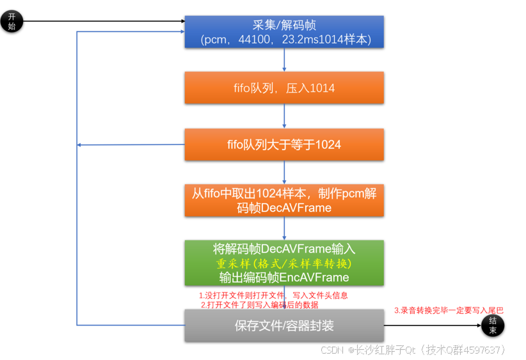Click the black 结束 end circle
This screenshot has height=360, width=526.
point(493,325)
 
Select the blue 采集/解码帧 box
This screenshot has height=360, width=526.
point(284,32)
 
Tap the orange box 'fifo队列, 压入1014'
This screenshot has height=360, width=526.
point(284,88)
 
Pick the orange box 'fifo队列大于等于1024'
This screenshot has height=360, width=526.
point(284,145)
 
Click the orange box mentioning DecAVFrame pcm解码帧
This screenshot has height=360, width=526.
point(284,201)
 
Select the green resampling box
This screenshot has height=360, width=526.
point(284,263)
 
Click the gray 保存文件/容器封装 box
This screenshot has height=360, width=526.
point(284,325)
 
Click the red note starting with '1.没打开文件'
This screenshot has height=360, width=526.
point(274,296)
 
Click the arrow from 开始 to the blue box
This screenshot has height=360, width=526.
point(102,22)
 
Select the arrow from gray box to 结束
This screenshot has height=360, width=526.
point(432,325)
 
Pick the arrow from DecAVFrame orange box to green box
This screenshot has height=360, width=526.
point(284,228)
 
